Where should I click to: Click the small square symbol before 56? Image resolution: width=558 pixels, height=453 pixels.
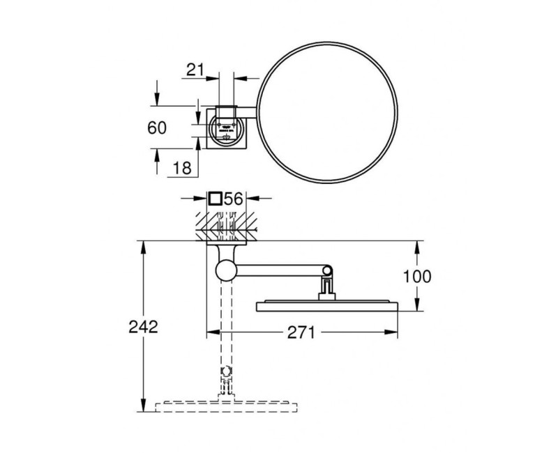[x=216, y=199]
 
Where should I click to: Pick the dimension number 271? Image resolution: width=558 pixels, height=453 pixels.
[x=300, y=332]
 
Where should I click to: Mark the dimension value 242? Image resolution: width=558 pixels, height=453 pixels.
[x=144, y=326]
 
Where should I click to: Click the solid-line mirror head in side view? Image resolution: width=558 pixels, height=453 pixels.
[x=326, y=305]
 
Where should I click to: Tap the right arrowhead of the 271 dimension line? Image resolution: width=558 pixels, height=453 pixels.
[x=395, y=333]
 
